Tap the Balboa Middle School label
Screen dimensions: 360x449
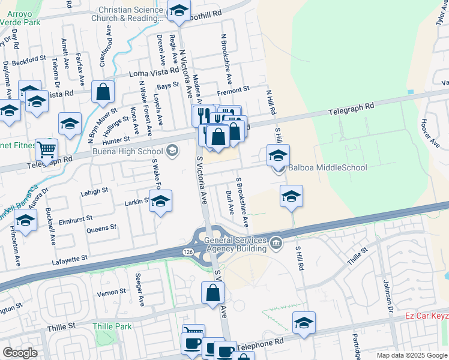(x=328, y=167)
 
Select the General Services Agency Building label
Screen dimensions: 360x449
(x=235, y=244)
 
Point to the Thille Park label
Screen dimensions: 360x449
(x=112, y=326)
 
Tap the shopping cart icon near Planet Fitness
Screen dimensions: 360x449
(x=46, y=150)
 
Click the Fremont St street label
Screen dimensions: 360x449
(x=233, y=89)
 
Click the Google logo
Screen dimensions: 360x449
(x=20, y=352)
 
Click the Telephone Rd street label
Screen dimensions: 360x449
(x=259, y=344)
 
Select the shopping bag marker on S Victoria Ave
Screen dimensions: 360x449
(x=212, y=293)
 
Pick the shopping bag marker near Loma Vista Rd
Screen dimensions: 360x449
(x=103, y=92)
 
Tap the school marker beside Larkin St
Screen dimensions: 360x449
(x=160, y=202)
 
